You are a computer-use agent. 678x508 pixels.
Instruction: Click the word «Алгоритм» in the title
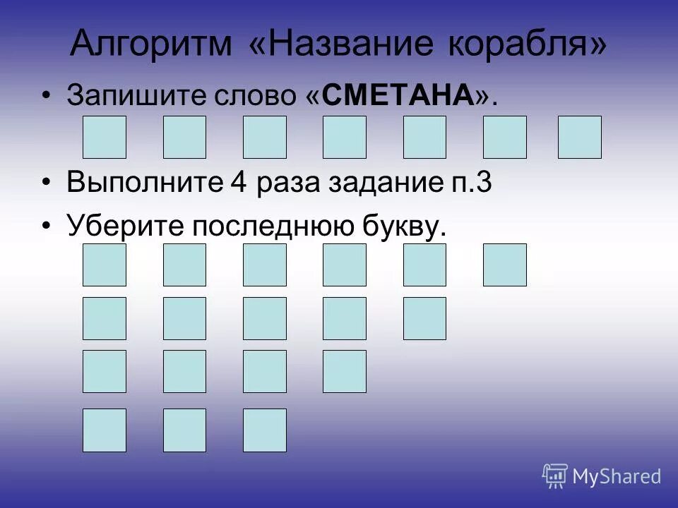pyautogui.click(x=151, y=44)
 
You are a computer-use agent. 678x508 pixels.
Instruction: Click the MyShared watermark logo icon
pyautogui.click(x=555, y=476)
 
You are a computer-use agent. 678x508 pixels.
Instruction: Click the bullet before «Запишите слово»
pyautogui.click(x=47, y=96)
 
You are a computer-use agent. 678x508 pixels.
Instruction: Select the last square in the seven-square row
pyautogui.click(x=579, y=137)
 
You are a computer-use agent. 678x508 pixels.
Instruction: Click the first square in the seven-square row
pyautogui.click(x=105, y=137)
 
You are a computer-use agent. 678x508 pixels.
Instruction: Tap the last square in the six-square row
pyautogui.click(x=504, y=265)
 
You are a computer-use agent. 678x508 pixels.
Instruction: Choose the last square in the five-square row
pyautogui.click(x=424, y=318)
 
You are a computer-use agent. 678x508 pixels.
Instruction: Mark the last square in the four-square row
pyautogui.click(x=345, y=371)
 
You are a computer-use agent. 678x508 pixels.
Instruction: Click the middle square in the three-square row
pyautogui.click(x=184, y=430)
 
